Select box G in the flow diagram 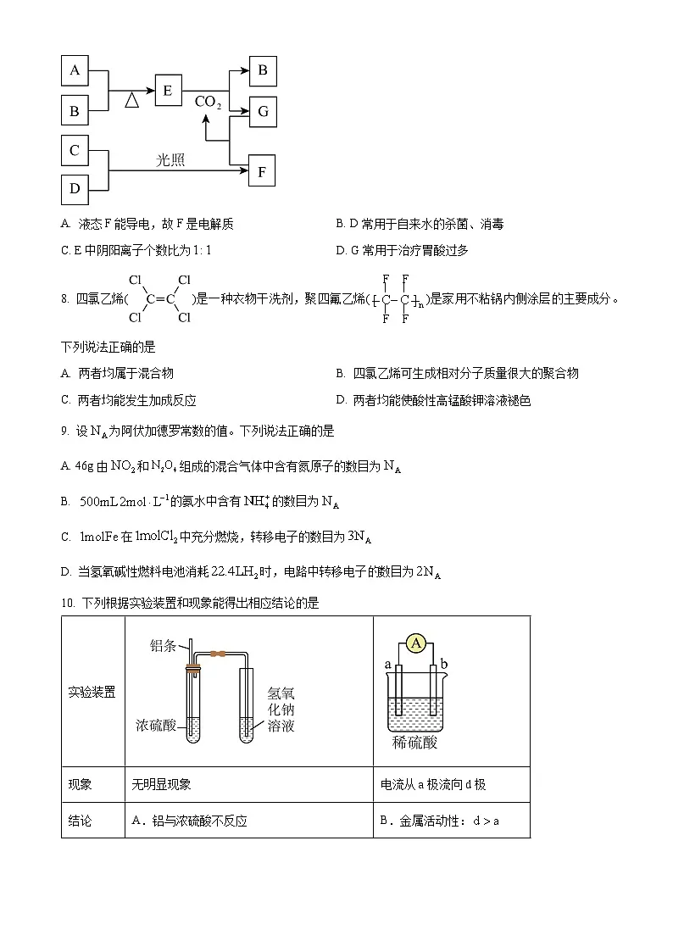click(x=263, y=111)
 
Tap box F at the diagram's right click(x=263, y=172)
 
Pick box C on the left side click(x=75, y=150)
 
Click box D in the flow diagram click(x=75, y=188)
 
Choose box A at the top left click(x=75, y=70)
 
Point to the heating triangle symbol click(x=131, y=100)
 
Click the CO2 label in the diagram click(x=208, y=103)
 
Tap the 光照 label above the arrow click(x=170, y=159)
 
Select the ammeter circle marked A click(x=416, y=644)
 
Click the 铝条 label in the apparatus click(x=163, y=646)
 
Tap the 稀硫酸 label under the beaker click(x=415, y=743)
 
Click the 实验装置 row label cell click(x=92, y=692)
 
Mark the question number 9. click(x=64, y=431)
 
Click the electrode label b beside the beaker click(x=445, y=663)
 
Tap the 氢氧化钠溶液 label click(x=281, y=709)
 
